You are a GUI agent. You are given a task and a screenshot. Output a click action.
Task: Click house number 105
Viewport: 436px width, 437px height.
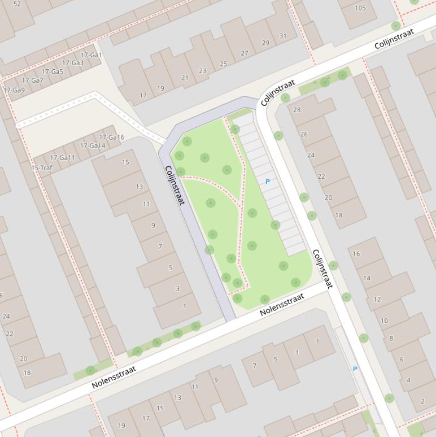point(360,8)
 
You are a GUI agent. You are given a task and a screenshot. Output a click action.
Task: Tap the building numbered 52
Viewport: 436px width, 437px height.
point(16,4)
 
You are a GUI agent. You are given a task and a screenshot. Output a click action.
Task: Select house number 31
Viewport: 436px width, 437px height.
point(283,36)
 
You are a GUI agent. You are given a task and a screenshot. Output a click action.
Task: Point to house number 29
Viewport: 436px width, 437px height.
point(265,43)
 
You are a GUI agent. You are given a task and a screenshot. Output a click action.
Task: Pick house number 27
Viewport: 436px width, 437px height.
point(244,53)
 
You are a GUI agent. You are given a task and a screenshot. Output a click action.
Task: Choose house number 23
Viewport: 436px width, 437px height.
point(202,71)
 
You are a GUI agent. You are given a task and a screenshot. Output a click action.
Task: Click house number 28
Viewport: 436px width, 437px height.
point(297,110)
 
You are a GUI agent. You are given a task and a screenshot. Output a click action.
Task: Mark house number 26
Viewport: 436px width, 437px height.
point(304,135)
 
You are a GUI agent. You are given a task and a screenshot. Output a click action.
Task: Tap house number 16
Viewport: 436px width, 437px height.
point(356,254)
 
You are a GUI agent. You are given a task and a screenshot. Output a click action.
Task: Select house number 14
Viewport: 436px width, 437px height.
point(367,278)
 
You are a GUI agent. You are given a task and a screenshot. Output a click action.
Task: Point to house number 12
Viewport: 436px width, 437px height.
point(377,299)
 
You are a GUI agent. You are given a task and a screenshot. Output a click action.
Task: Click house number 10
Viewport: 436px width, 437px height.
point(384,321)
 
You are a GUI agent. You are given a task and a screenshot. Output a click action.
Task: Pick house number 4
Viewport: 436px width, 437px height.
point(408,380)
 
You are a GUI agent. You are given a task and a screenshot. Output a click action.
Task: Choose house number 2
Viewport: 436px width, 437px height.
point(422,401)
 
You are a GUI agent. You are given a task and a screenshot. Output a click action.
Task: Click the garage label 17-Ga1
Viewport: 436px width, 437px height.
point(91,55)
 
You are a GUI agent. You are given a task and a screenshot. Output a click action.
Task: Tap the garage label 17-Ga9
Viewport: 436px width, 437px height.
point(15,90)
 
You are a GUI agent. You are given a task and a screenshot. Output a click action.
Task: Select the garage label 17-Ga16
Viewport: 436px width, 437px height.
point(112,137)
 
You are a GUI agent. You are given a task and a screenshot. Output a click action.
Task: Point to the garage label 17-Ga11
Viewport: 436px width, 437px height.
point(62,158)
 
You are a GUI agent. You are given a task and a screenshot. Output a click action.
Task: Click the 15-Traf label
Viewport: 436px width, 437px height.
point(42,168)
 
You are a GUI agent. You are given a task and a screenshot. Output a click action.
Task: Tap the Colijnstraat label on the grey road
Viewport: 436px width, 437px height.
point(175,185)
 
